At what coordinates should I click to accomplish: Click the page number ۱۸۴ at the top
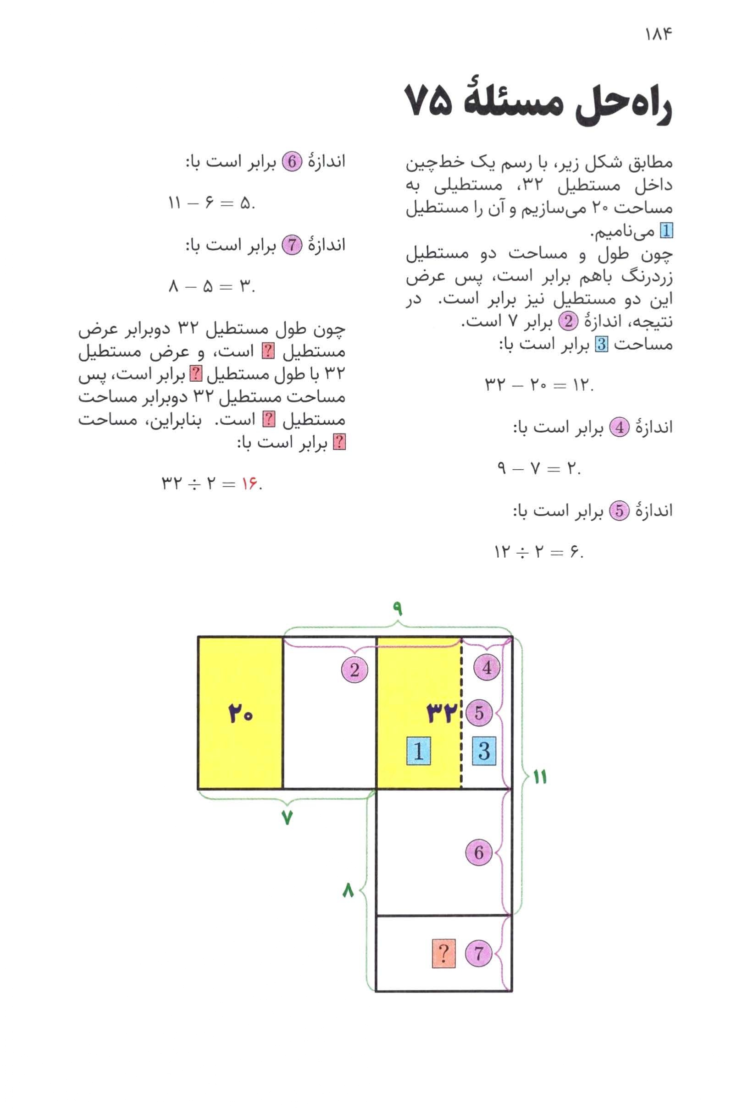point(659,34)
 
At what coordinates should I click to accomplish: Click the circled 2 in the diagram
point(354,670)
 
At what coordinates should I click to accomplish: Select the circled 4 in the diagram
point(487,667)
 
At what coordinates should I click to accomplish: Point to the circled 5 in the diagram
point(479,713)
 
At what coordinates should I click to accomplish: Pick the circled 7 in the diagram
point(478,954)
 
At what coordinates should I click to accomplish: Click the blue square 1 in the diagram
point(419,751)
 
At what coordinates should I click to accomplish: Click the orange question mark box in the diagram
point(443,954)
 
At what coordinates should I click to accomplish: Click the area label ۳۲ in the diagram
point(442,714)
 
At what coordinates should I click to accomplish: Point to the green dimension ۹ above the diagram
point(397,609)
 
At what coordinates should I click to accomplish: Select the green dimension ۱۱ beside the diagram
point(540,777)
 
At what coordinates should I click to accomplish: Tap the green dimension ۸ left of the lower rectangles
point(348,890)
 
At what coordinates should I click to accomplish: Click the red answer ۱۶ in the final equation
point(249,484)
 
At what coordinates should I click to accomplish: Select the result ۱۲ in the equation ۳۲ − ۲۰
point(582,384)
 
